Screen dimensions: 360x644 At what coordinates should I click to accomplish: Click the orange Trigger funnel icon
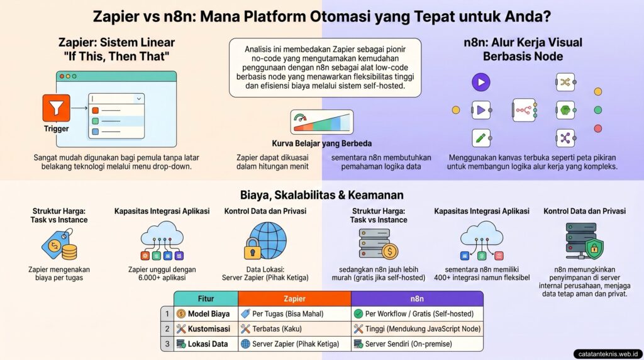56,108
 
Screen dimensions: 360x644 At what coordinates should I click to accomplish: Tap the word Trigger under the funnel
56,128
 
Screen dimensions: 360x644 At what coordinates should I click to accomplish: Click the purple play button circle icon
481,82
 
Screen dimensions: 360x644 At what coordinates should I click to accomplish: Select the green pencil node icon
481,138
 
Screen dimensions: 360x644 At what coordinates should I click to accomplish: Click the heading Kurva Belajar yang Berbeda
321,143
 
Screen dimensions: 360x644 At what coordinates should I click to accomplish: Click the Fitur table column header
206,298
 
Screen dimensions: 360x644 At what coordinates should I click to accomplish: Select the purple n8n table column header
416,298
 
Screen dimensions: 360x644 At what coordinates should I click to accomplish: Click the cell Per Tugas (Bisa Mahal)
293,313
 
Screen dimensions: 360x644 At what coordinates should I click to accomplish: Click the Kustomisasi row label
204,329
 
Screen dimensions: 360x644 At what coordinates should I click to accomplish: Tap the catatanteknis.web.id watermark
607,353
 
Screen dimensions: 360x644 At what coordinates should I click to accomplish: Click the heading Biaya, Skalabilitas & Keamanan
321,195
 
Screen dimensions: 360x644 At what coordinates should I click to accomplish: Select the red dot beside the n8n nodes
597,128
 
